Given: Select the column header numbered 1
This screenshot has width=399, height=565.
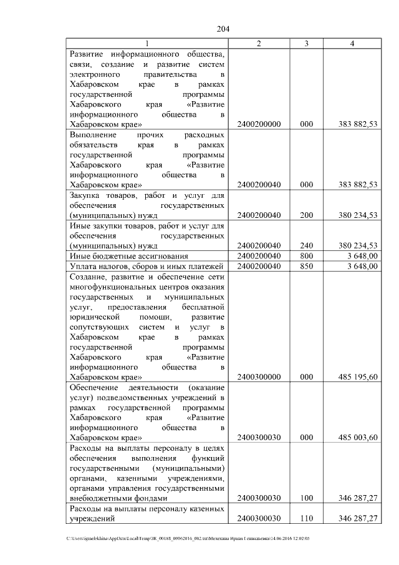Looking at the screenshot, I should pyautogui.click(x=148, y=43).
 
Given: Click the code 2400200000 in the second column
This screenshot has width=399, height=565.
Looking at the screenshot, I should pyautogui.click(x=259, y=124).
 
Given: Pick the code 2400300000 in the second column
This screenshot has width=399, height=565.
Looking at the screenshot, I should pyautogui.click(x=259, y=377).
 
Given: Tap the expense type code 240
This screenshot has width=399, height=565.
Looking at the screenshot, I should pyautogui.click(x=306, y=245).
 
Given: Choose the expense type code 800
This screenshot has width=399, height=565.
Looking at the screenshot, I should pyautogui.click(x=306, y=256).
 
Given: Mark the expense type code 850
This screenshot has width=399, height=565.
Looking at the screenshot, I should pyautogui.click(x=306, y=267).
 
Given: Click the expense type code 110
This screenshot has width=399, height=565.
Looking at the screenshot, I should pyautogui.click(x=306, y=519).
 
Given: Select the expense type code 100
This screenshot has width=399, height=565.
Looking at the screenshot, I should pyautogui.click(x=306, y=498).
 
